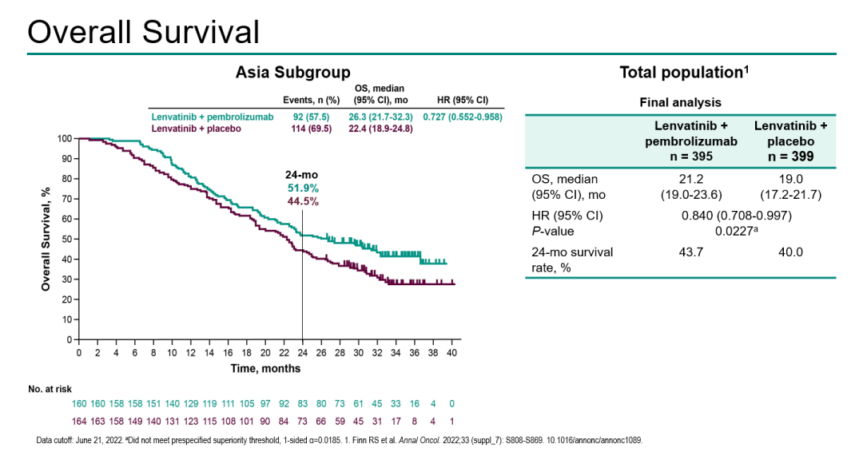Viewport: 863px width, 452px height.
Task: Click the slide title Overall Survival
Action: (x=143, y=31)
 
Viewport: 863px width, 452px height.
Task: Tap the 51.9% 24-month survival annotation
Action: (x=303, y=188)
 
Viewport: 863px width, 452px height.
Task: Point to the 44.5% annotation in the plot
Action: (x=303, y=201)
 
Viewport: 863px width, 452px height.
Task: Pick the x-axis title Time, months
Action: (x=266, y=368)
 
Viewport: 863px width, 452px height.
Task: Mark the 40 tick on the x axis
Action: (x=451, y=352)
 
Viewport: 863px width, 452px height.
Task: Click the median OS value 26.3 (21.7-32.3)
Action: (x=380, y=117)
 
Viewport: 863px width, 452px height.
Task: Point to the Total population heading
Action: (x=684, y=73)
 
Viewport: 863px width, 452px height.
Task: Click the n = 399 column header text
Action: (x=790, y=157)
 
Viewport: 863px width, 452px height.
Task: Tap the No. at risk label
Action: (x=49, y=389)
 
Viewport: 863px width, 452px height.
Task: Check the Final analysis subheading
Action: (x=680, y=102)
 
